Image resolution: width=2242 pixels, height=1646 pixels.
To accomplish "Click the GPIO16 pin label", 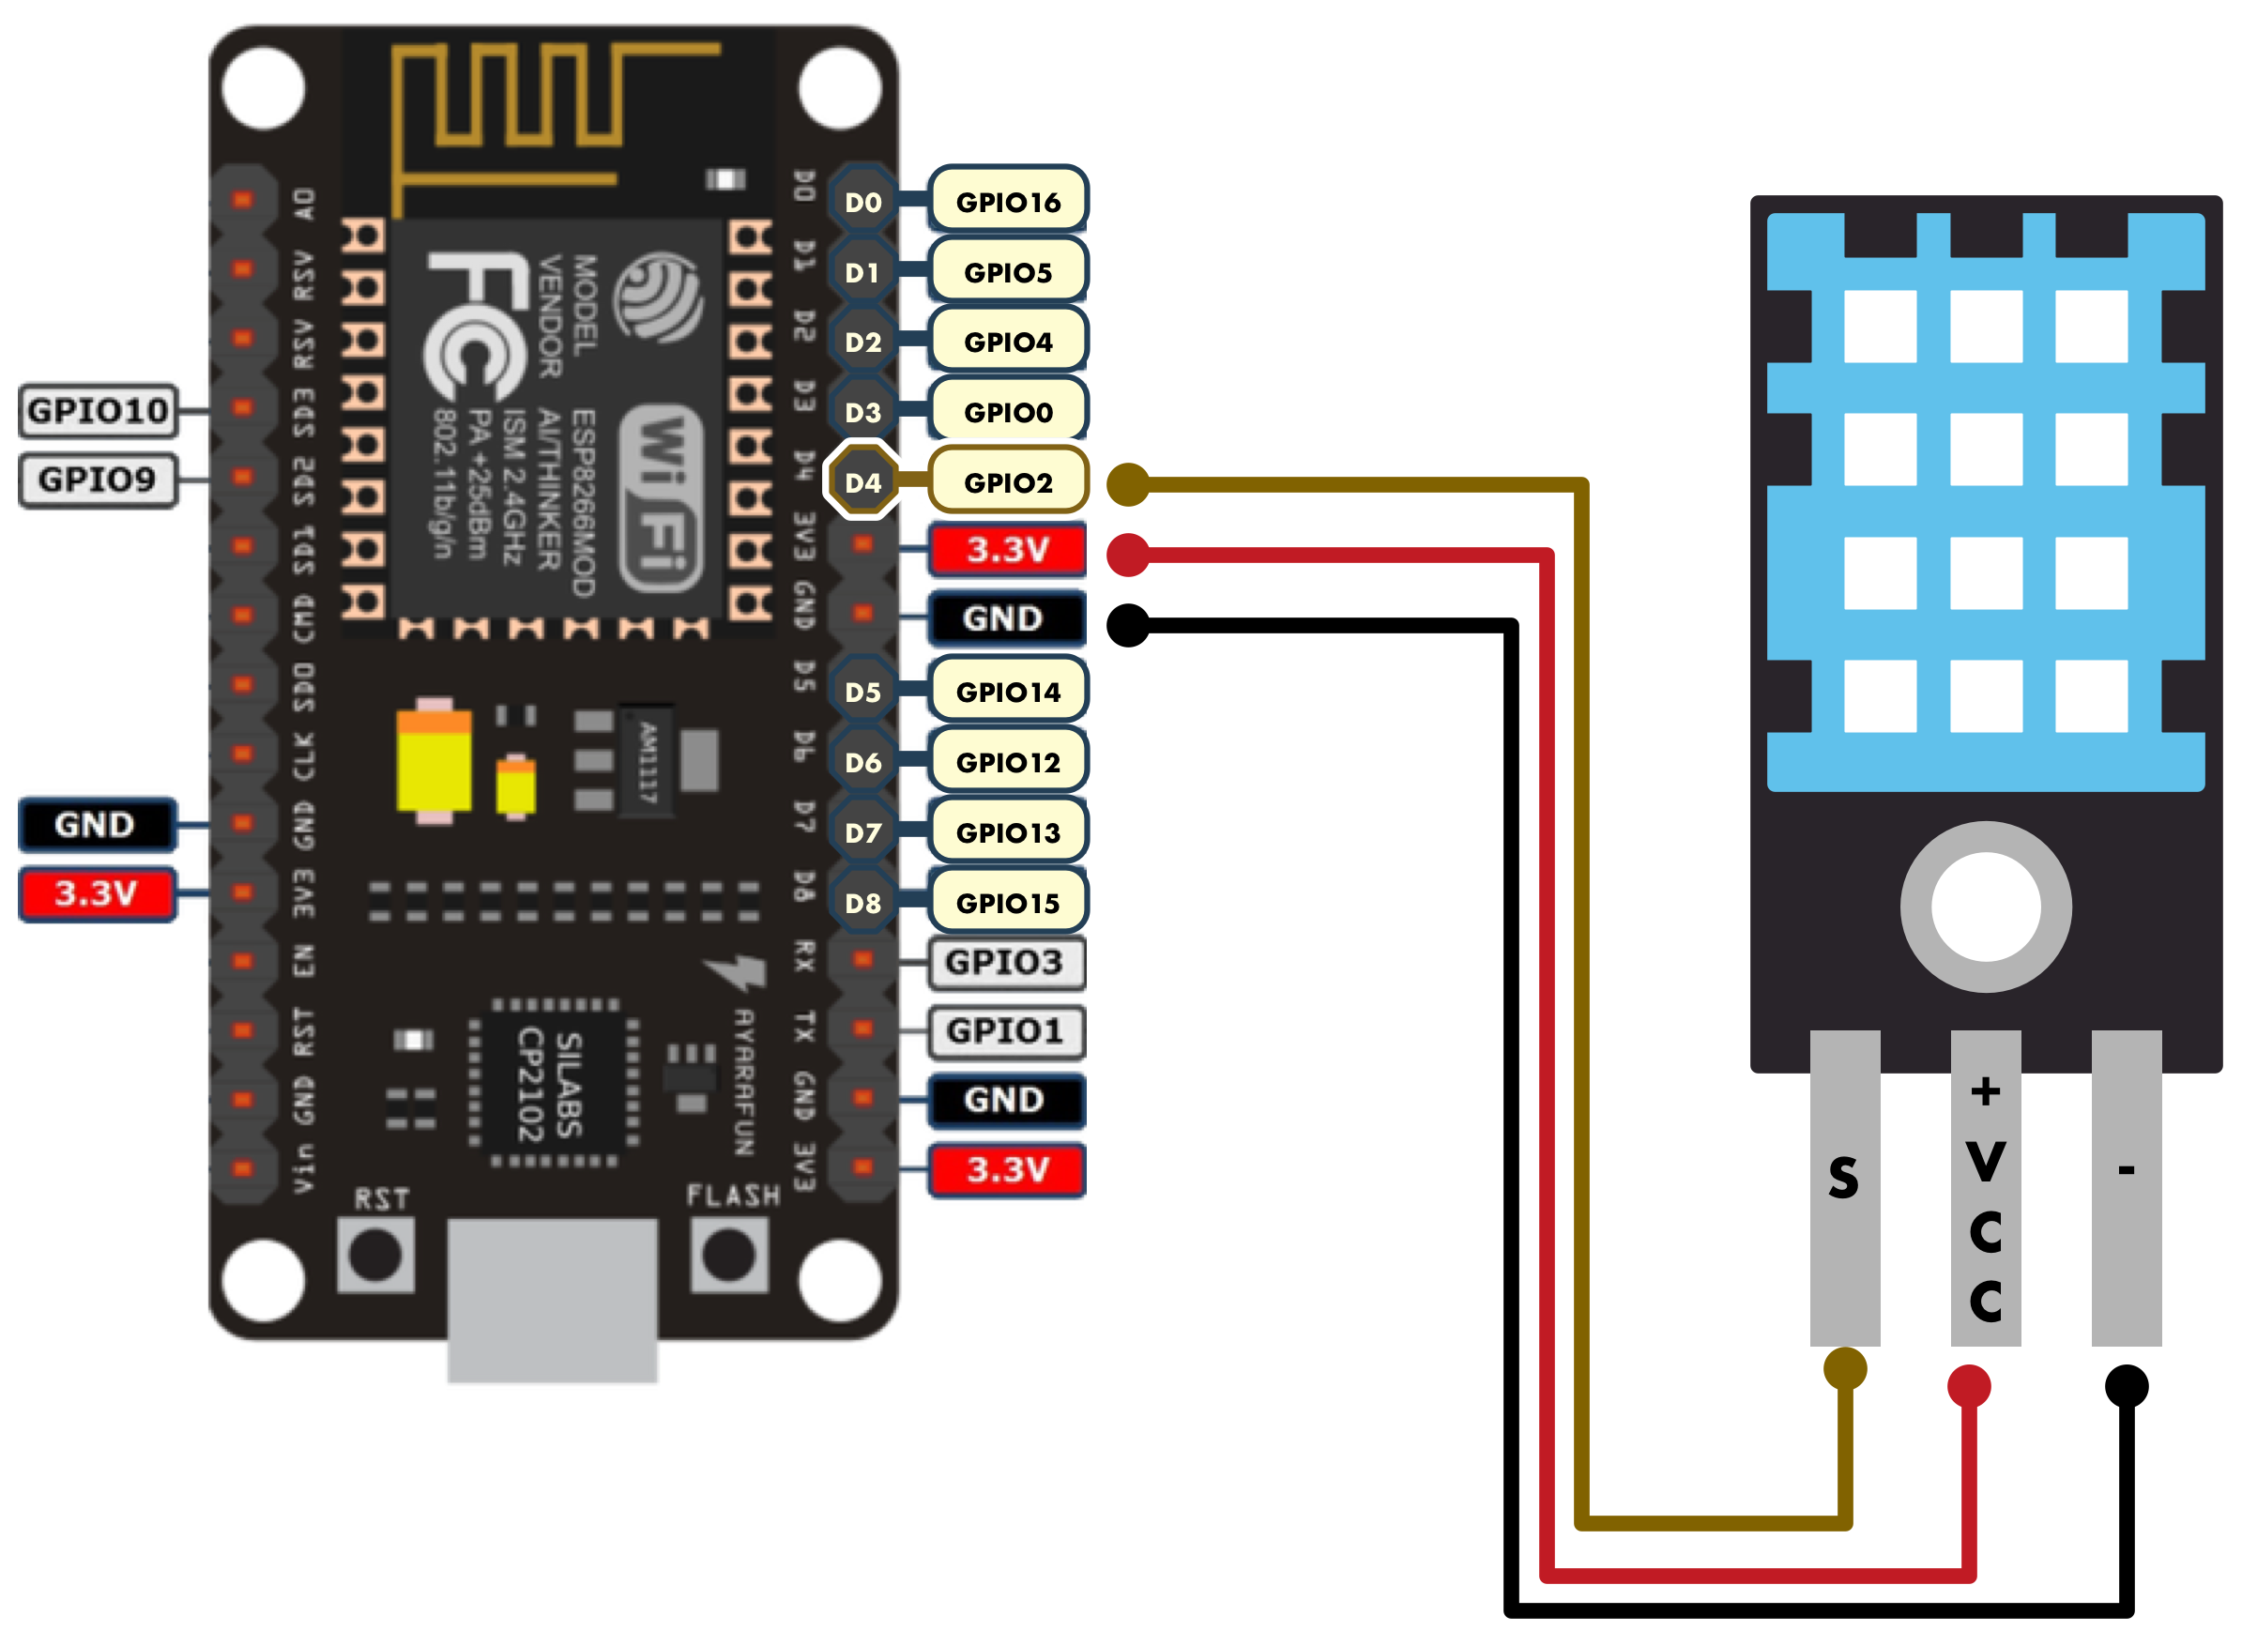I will (1006, 203).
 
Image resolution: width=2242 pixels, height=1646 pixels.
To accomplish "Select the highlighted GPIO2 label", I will (1007, 482).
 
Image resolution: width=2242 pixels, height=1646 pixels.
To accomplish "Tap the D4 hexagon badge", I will (862, 482).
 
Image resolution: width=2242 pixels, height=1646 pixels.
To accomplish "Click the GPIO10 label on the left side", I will (98, 410).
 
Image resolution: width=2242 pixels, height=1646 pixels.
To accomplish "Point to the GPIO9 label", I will (98, 480).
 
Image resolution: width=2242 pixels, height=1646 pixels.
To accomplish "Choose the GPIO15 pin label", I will (1006, 903).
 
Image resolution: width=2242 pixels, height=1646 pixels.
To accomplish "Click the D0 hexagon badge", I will (862, 203).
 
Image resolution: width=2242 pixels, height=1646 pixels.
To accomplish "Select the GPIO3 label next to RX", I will (1003, 963).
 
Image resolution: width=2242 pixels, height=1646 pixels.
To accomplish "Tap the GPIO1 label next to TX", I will (1003, 1031).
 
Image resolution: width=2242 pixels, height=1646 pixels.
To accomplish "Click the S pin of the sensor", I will (1844, 1185).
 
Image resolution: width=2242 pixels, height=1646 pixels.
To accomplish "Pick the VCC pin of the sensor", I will (1985, 1185).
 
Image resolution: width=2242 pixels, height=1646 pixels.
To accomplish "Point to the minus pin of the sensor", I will (2126, 1185).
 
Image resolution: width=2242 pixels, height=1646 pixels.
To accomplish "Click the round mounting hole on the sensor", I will (1985, 907).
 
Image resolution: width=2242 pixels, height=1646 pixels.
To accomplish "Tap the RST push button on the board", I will (375, 1256).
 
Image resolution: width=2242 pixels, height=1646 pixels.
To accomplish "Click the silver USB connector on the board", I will (551, 1301).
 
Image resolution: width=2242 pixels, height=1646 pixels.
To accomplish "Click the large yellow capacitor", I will (434, 762).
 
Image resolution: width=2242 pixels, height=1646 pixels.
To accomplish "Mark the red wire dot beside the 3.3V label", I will (1127, 555).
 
